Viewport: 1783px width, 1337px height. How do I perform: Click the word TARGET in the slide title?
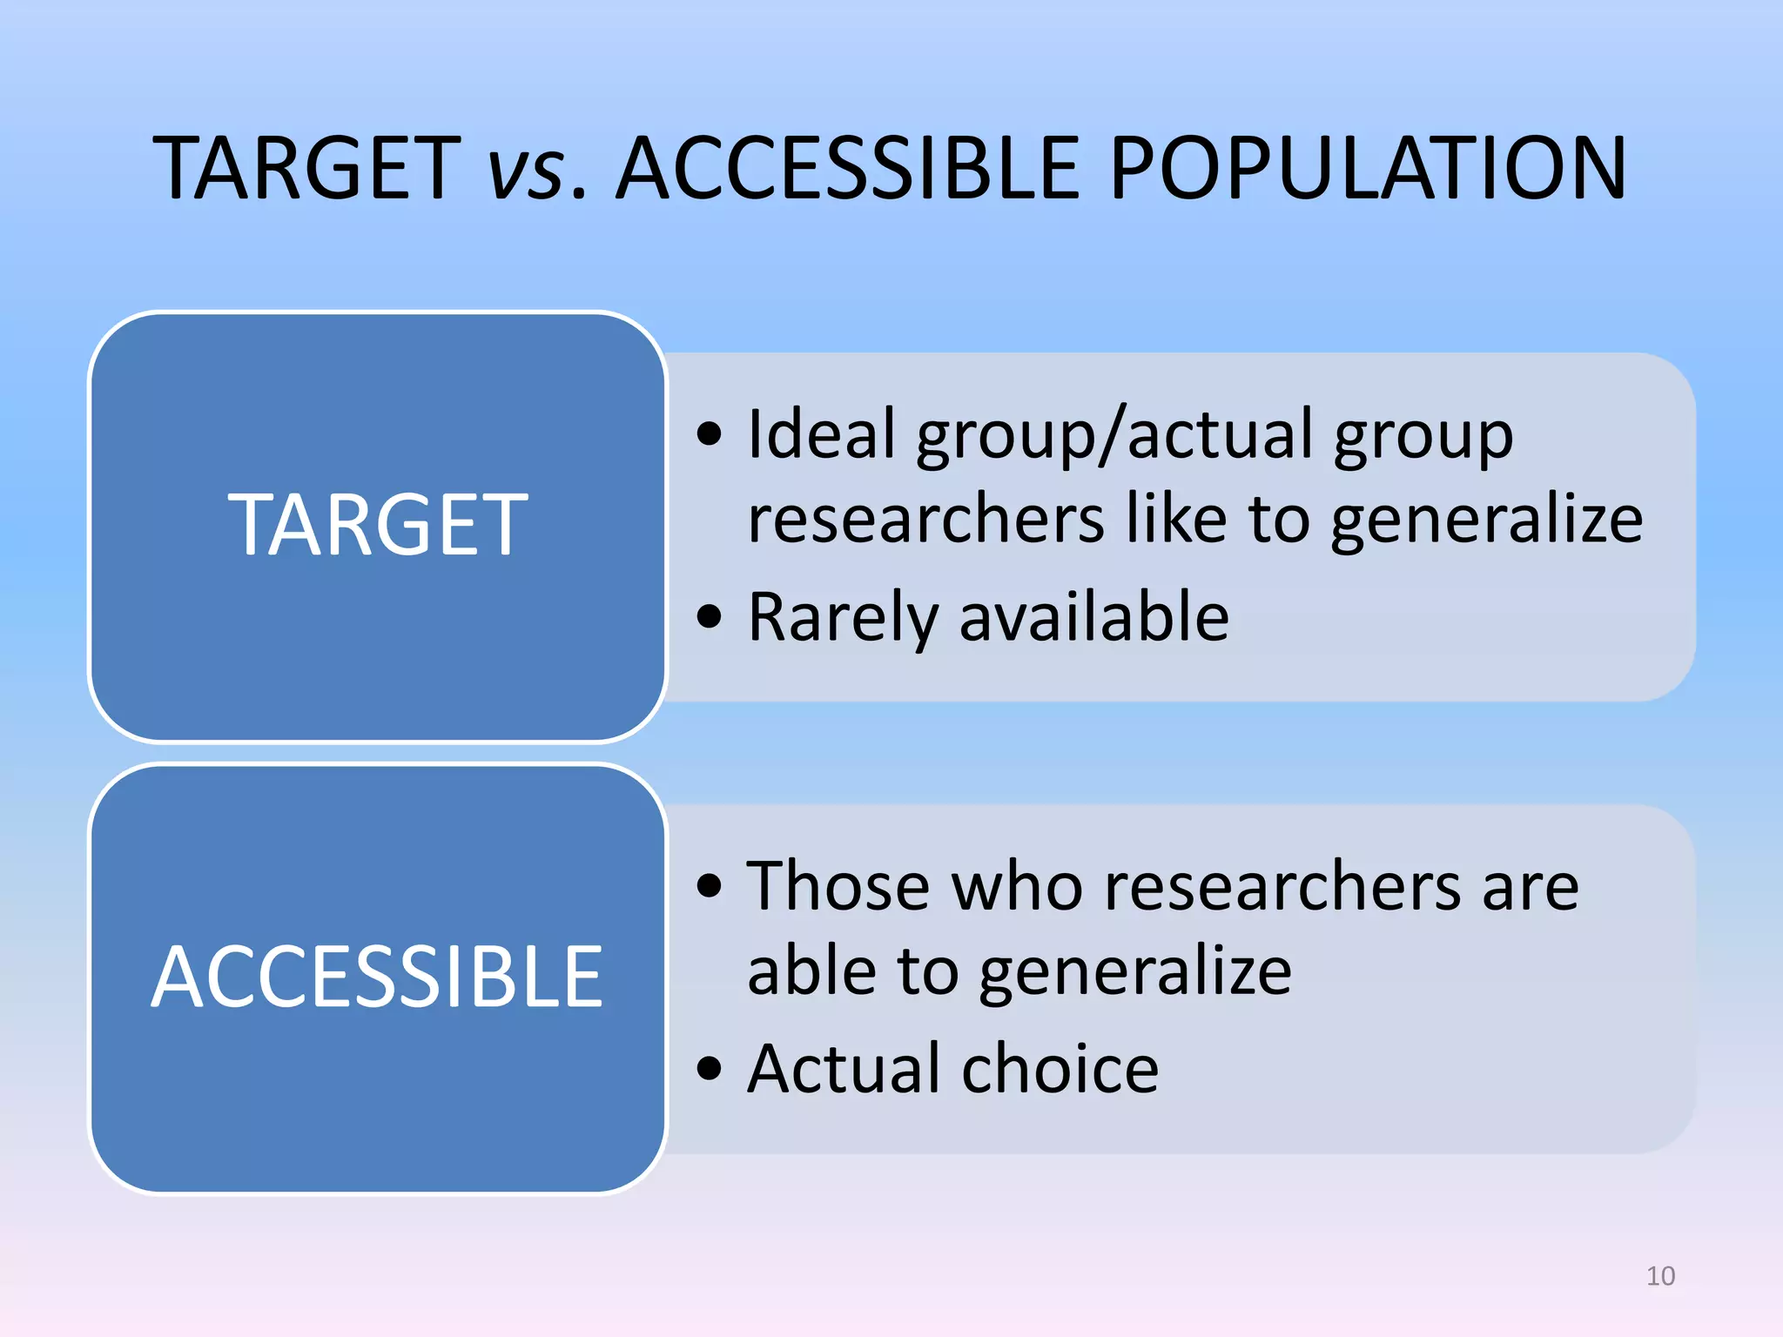click(306, 168)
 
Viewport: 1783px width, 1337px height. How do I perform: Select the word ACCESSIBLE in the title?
click(849, 168)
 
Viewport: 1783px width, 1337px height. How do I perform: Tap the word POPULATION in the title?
click(1367, 168)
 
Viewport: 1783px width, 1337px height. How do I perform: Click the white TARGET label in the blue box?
click(378, 524)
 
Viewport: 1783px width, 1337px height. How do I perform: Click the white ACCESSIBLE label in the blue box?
click(377, 978)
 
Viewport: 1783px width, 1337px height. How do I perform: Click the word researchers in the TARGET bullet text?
click(925, 519)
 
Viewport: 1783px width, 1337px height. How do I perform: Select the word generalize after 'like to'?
click(1487, 521)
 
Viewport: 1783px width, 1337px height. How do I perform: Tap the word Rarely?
click(843, 618)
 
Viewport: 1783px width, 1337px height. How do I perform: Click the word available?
click(1094, 616)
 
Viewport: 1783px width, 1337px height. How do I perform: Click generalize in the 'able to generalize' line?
click(1135, 973)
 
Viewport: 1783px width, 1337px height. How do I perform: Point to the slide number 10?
click(1660, 1276)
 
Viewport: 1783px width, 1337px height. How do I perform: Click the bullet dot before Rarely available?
click(710, 617)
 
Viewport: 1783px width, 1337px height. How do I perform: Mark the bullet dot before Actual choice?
click(710, 1068)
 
